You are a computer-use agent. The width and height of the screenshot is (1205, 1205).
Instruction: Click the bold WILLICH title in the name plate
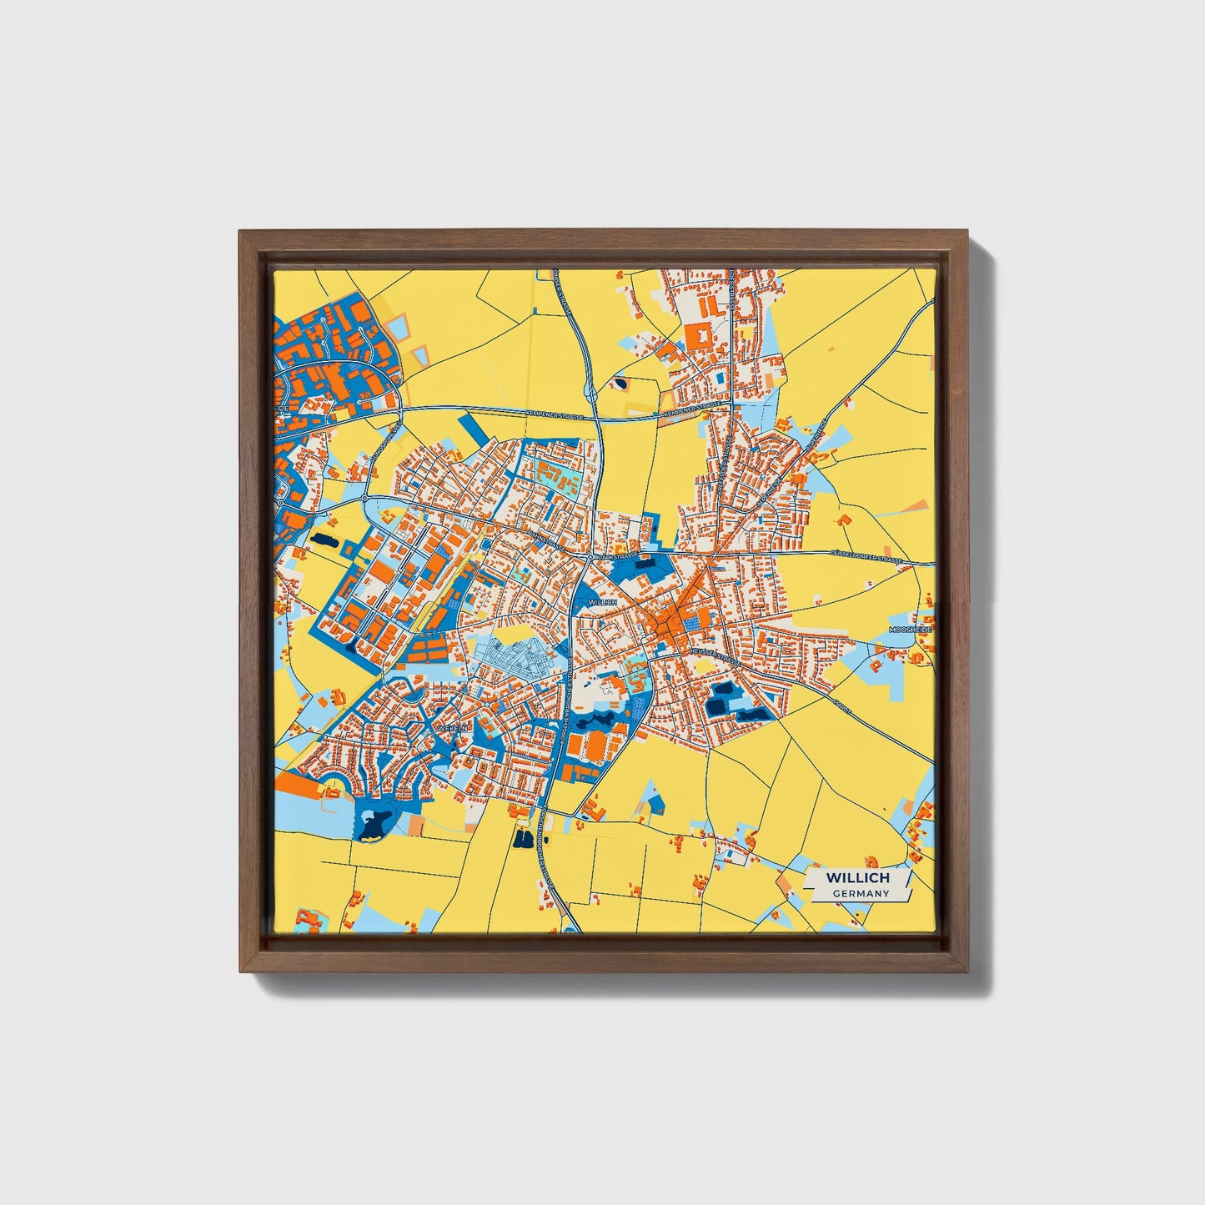(857, 878)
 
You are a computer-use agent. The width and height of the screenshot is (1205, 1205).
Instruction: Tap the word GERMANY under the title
(860, 894)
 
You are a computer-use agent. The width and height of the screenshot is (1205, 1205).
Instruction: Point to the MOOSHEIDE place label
(910, 629)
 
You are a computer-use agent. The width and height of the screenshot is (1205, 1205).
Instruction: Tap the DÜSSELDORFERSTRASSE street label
(867, 557)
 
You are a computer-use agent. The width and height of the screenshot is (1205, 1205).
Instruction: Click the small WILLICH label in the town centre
(601, 601)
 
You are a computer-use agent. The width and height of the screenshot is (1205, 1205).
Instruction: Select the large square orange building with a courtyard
(698, 338)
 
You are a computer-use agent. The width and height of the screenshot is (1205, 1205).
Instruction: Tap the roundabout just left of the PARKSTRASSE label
(590, 555)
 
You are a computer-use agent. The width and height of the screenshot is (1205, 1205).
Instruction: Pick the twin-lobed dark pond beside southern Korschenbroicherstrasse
(524, 839)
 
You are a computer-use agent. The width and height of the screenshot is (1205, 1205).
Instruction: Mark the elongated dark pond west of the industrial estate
(323, 541)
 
